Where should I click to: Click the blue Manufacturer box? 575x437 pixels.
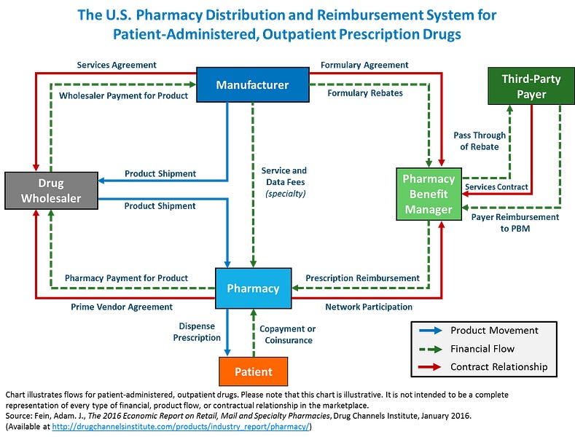tap(252, 85)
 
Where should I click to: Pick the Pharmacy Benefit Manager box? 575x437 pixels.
tap(429, 194)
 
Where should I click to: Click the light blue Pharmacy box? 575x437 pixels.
tap(253, 288)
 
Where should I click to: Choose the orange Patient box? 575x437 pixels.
tap(254, 371)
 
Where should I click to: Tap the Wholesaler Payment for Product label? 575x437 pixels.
tap(124, 95)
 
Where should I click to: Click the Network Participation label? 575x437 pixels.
tap(369, 307)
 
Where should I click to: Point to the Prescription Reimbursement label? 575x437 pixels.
tap(362, 277)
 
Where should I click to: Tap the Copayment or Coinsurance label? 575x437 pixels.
tap(288, 334)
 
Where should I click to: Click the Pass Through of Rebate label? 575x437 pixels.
tap(476, 141)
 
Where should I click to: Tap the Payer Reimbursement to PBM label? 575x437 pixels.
tap(515, 222)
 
